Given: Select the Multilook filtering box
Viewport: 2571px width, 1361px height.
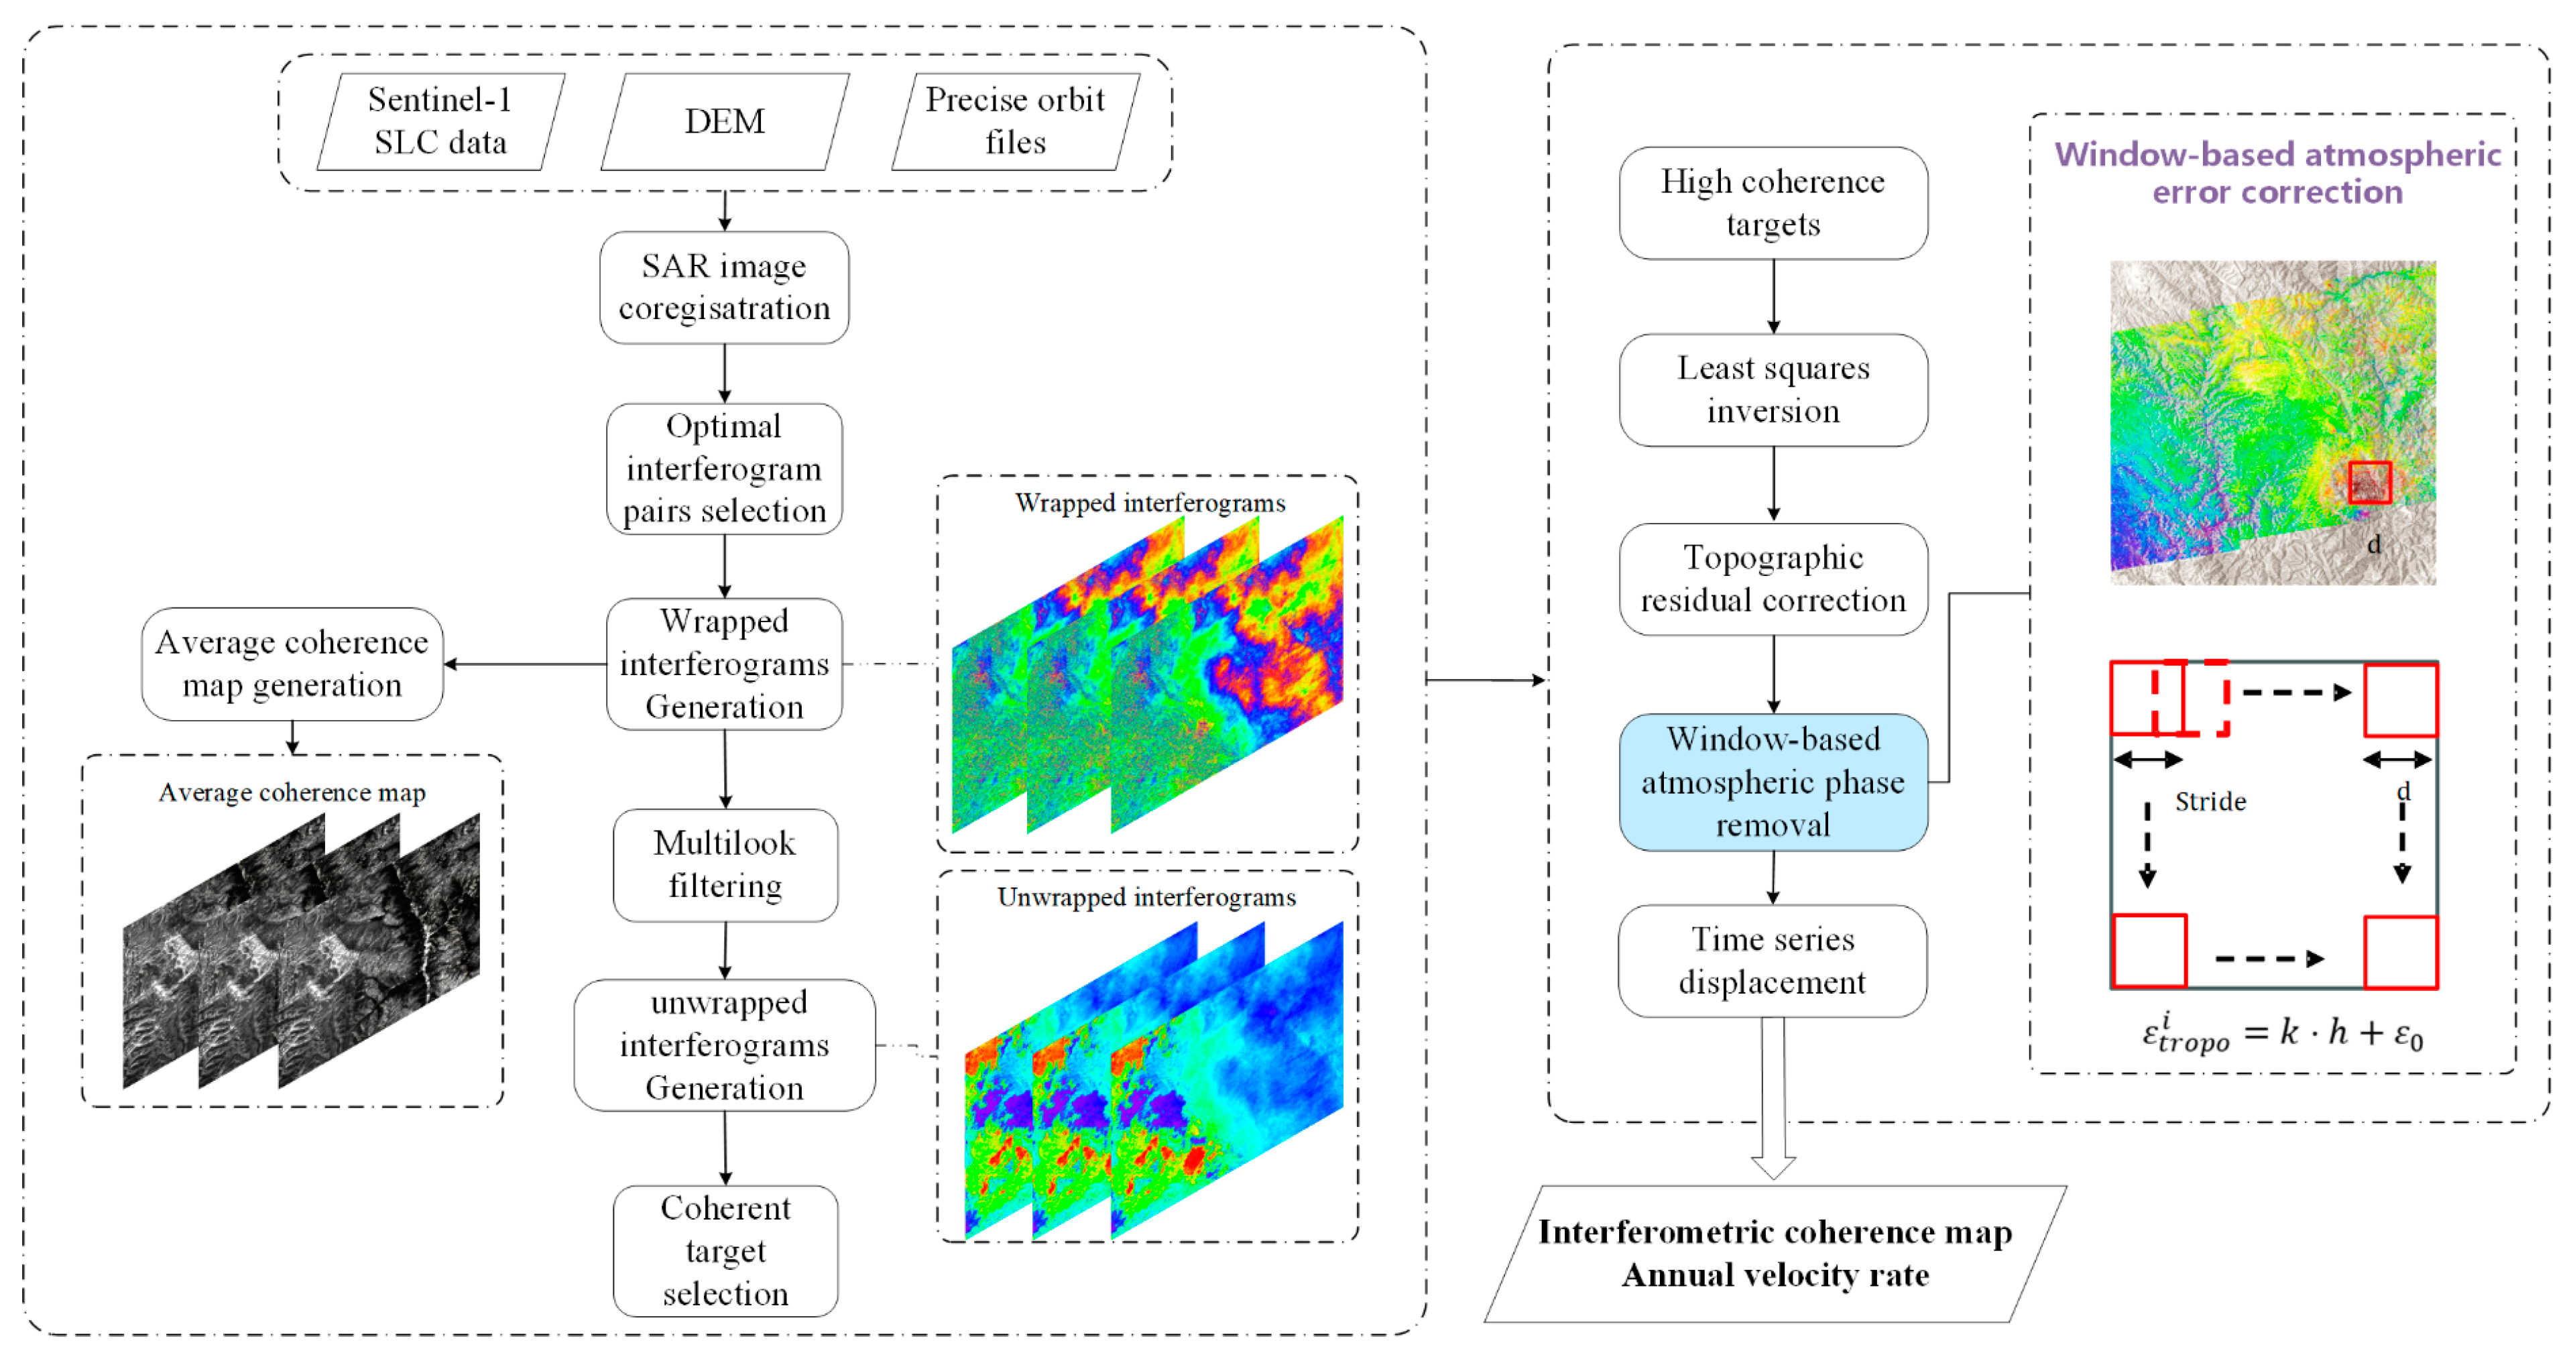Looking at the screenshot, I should click(725, 864).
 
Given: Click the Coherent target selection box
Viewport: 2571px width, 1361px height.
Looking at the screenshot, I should click(725, 1250).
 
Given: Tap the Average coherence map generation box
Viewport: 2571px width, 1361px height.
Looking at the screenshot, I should click(292, 664).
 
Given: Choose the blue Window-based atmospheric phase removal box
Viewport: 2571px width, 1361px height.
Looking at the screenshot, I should click(1773, 781).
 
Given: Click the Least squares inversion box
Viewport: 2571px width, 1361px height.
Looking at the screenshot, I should click(1773, 389).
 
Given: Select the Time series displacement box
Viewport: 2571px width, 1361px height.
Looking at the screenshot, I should click(1773, 960).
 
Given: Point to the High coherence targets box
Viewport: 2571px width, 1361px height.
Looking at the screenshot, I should click(1773, 202).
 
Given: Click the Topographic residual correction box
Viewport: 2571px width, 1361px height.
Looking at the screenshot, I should click(1773, 579).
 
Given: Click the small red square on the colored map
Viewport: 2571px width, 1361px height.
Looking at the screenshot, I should click(2369, 482).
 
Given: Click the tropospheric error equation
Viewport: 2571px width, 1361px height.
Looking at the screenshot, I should click(2281, 1032).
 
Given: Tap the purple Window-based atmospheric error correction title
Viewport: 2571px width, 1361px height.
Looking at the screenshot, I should click(2277, 172).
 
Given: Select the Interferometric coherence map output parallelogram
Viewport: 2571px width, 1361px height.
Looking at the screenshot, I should click(1775, 1253).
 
